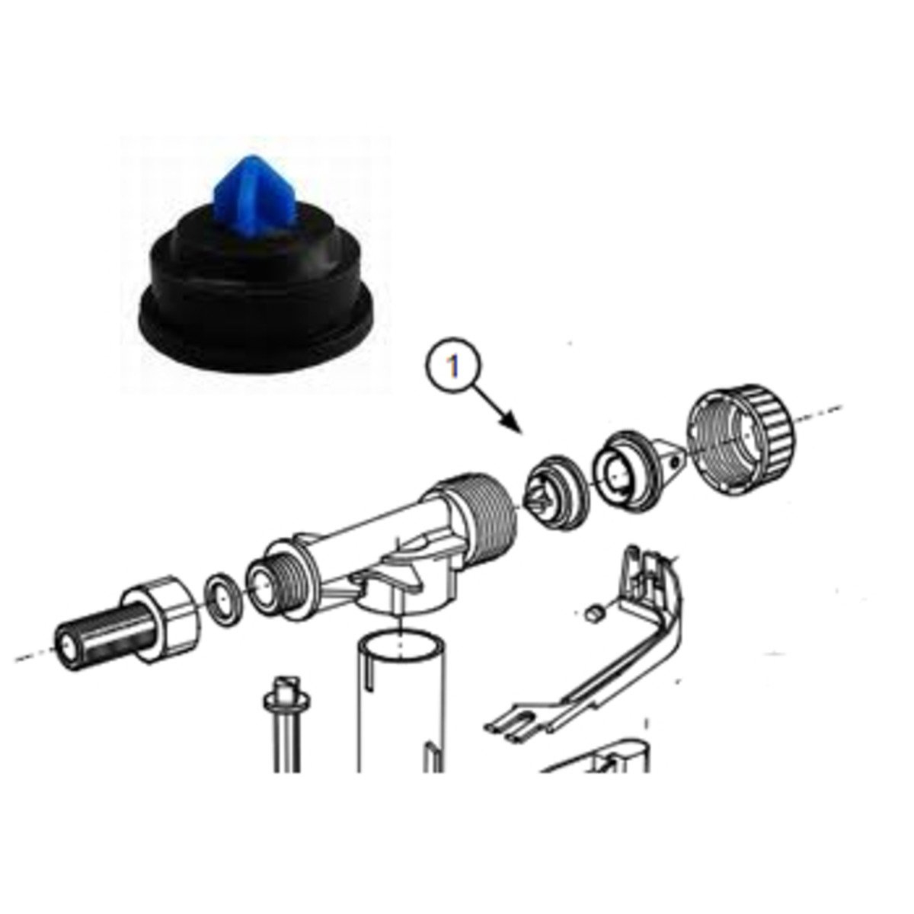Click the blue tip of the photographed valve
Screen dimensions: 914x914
[x=241, y=190]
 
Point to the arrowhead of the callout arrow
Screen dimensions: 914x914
[x=515, y=426]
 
